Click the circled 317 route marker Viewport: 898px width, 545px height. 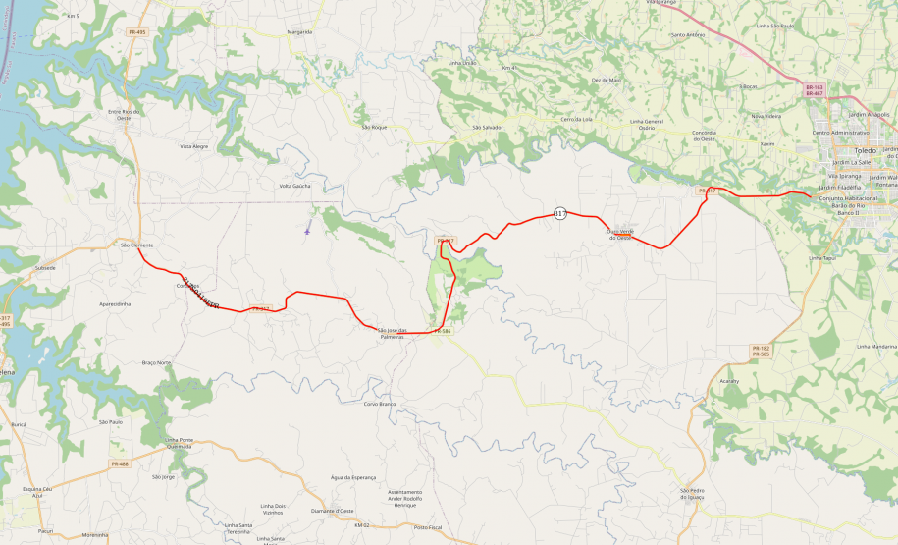tap(560, 214)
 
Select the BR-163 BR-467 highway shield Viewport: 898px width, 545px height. tap(814, 90)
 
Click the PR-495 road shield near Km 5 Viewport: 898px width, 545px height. tap(136, 31)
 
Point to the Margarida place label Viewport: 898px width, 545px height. tap(299, 31)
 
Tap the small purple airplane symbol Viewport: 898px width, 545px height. tap(307, 232)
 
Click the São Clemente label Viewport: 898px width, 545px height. tap(136, 245)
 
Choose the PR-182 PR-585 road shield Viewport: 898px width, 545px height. tap(761, 351)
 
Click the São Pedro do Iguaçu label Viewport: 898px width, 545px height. tap(693, 494)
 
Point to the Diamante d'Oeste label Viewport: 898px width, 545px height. tap(332, 511)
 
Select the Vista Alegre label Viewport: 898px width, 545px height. tap(194, 146)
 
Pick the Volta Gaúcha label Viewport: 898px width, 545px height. tap(295, 186)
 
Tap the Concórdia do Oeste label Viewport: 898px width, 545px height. tap(705, 135)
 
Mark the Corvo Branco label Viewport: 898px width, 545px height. tap(379, 404)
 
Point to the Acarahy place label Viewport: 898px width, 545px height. tap(729, 379)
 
